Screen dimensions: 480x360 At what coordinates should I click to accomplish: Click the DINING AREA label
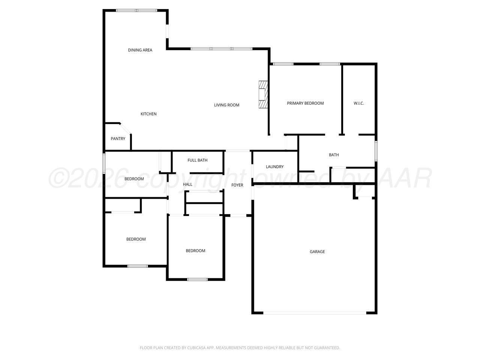click(x=140, y=50)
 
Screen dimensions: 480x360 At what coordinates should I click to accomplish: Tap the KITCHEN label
click(x=148, y=114)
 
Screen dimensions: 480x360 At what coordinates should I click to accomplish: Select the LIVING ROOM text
click(x=226, y=105)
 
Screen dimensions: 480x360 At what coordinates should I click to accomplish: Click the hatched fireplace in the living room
click(x=263, y=94)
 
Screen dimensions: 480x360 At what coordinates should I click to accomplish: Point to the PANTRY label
click(x=118, y=139)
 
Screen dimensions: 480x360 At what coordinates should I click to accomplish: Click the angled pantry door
click(x=125, y=129)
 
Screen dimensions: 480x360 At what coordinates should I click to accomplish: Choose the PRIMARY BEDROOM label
click(x=305, y=103)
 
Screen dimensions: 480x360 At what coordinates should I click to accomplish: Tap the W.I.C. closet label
click(x=358, y=103)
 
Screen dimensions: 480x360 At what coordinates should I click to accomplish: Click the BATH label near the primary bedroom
click(x=334, y=155)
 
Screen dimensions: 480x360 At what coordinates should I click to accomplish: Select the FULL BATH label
click(x=198, y=160)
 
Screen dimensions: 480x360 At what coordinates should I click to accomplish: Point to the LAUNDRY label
click(x=274, y=167)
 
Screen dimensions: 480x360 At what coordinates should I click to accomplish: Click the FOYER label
click(x=237, y=185)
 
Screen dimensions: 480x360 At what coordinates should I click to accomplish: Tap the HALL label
click(x=187, y=184)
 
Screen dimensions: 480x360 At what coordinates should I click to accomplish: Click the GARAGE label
click(x=317, y=252)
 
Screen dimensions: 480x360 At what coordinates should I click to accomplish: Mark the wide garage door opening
click(x=315, y=313)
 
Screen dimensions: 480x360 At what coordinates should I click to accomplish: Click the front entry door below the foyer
click(x=238, y=216)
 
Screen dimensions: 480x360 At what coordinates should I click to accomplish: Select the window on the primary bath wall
click(x=376, y=151)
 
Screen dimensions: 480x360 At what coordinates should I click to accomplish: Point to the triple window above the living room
click(x=222, y=49)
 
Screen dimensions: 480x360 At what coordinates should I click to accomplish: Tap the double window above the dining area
click(x=136, y=10)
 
